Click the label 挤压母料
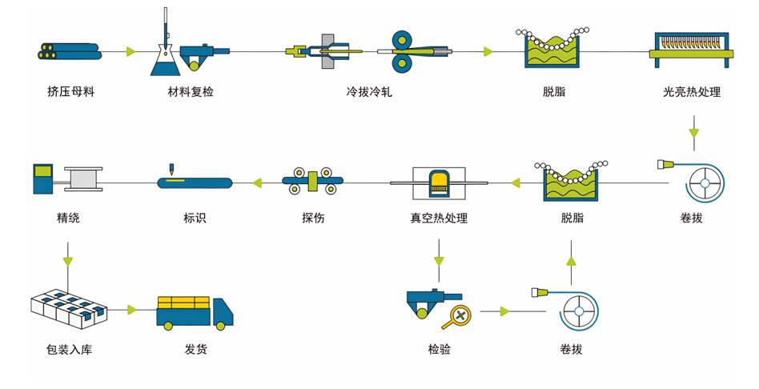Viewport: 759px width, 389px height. (x=70, y=92)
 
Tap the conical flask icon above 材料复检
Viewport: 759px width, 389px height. (x=163, y=58)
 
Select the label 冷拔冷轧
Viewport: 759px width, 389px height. (x=368, y=92)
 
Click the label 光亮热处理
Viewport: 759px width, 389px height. (x=692, y=92)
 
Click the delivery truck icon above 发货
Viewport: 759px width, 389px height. (x=195, y=311)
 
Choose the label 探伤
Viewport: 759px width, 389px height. (x=313, y=218)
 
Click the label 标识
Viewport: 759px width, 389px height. (x=195, y=218)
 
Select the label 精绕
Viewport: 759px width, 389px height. (x=68, y=218)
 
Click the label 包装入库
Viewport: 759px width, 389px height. (x=69, y=350)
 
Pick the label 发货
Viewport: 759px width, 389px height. (x=195, y=350)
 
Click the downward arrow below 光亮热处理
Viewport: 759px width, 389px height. (x=693, y=131)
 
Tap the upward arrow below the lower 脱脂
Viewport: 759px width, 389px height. (x=570, y=260)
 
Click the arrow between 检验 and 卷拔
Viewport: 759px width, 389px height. (x=504, y=311)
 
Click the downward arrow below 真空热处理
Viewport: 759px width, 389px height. (x=439, y=261)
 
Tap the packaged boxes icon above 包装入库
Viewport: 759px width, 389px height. (x=68, y=309)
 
